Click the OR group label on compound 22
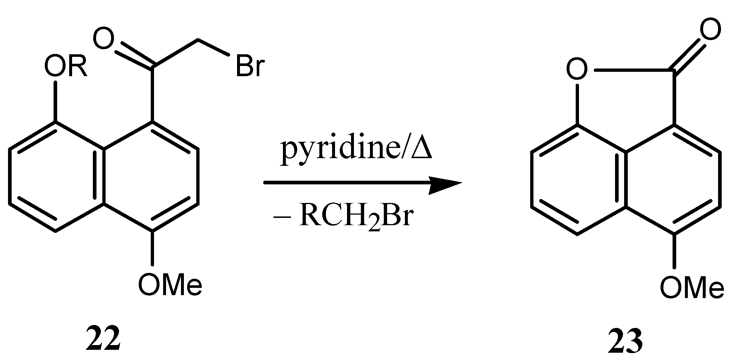click(x=66, y=67)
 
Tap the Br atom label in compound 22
click(x=249, y=66)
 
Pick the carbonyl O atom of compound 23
click(x=710, y=30)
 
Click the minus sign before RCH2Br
click(x=281, y=218)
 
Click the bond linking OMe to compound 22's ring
click(x=152, y=248)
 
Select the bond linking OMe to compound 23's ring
click(x=674, y=251)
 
